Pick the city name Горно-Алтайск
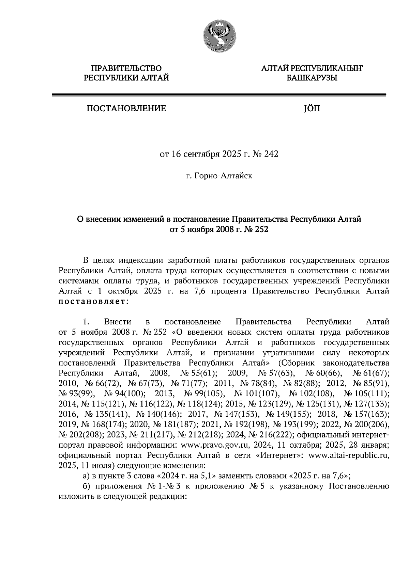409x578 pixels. [223, 176]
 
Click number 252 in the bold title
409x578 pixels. [260, 229]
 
